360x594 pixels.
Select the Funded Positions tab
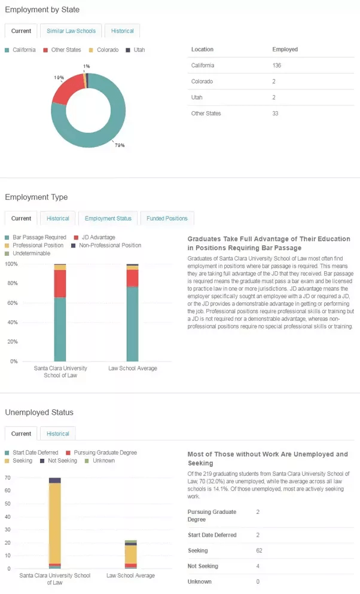(x=167, y=218)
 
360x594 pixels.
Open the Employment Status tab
(x=108, y=218)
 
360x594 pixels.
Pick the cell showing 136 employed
(x=277, y=65)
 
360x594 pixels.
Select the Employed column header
(x=285, y=49)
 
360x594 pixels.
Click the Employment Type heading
(x=36, y=197)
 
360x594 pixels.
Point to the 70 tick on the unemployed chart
(x=8, y=478)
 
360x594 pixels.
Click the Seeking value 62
(x=259, y=550)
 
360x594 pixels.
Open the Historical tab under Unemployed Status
(x=58, y=433)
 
